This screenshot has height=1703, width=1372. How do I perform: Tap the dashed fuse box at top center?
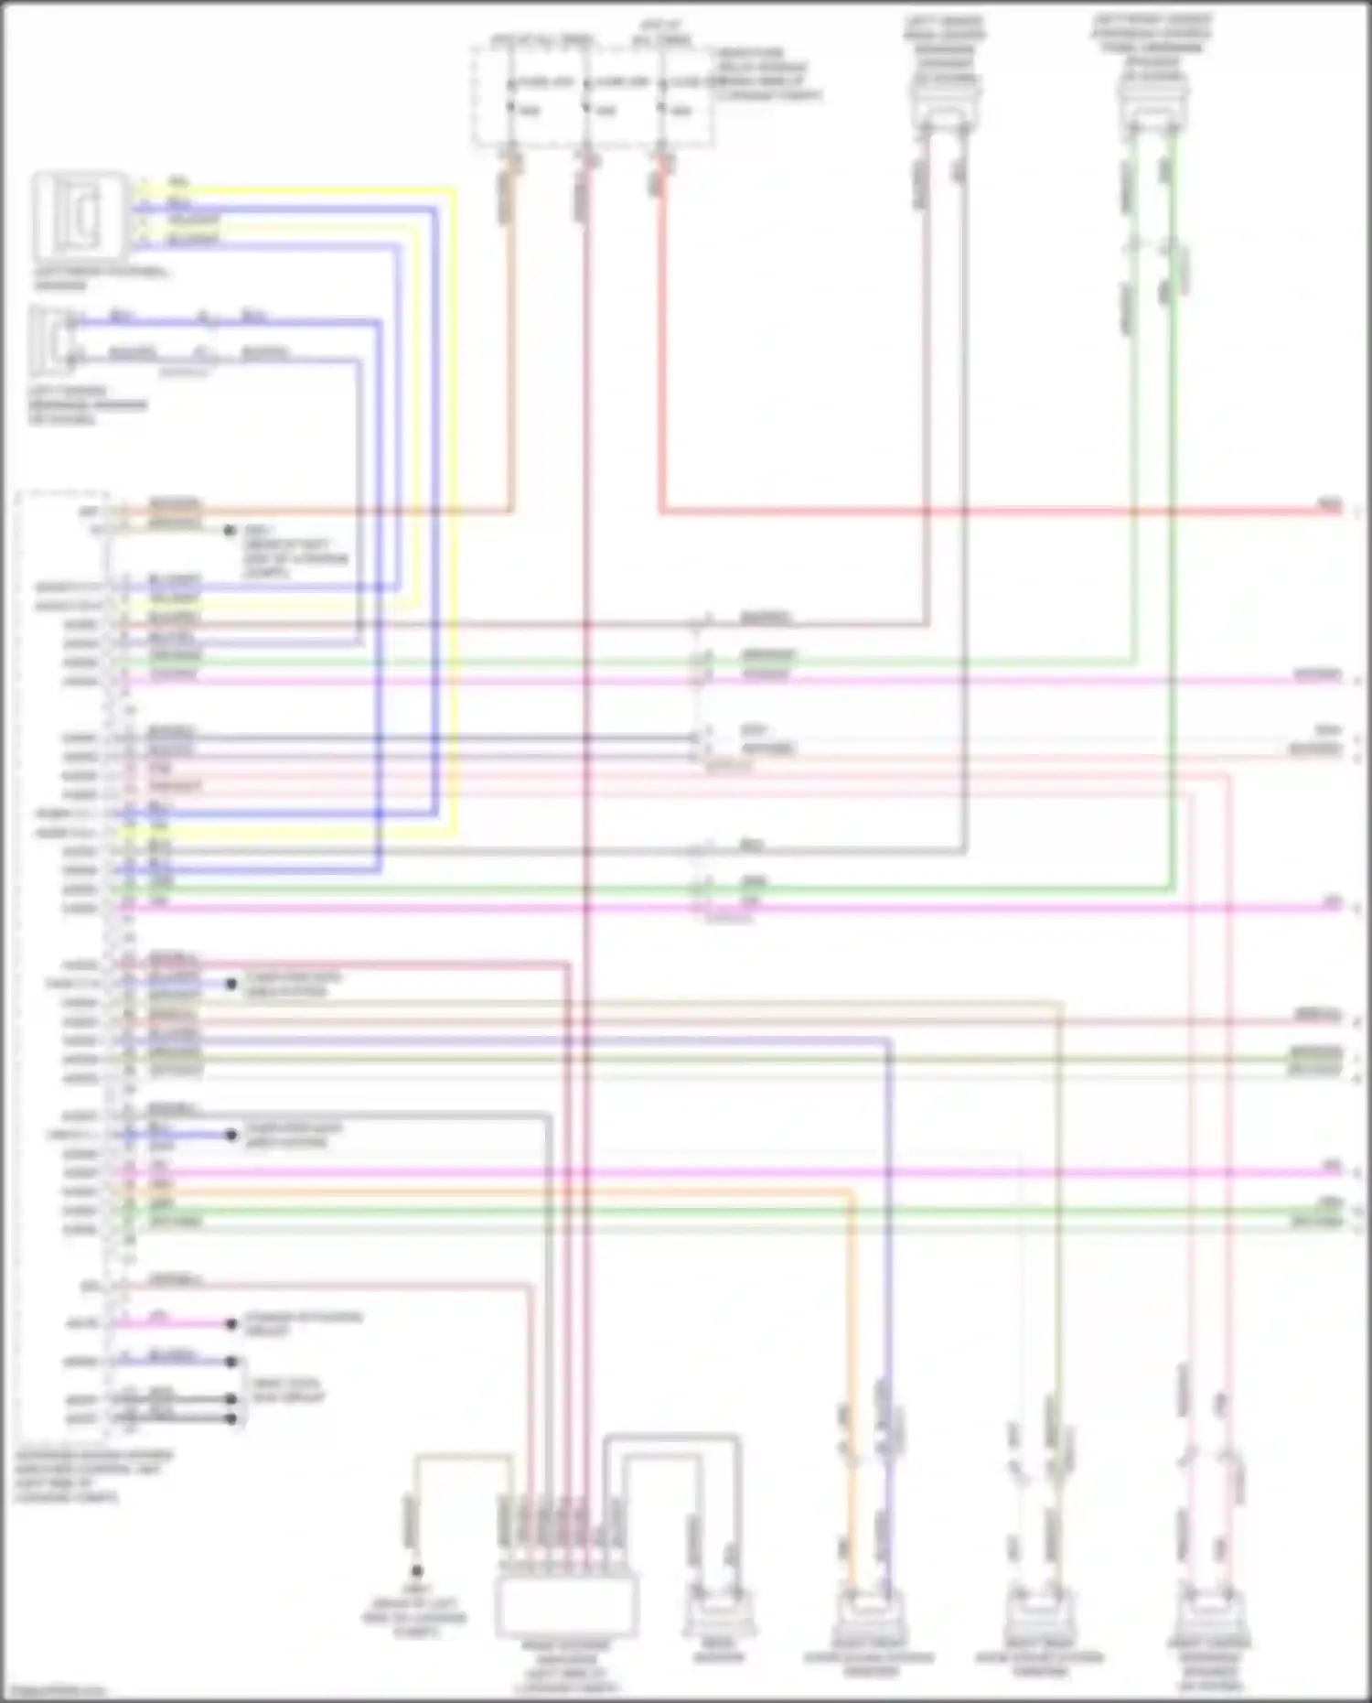pyautogui.click(x=593, y=96)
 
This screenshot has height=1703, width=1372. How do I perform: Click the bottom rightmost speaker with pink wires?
pyautogui.click(x=1208, y=1614)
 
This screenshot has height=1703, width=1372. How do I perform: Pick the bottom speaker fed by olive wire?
pyautogui.click(x=1039, y=1614)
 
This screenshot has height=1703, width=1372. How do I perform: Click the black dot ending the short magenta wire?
pyautogui.click(x=231, y=1323)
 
